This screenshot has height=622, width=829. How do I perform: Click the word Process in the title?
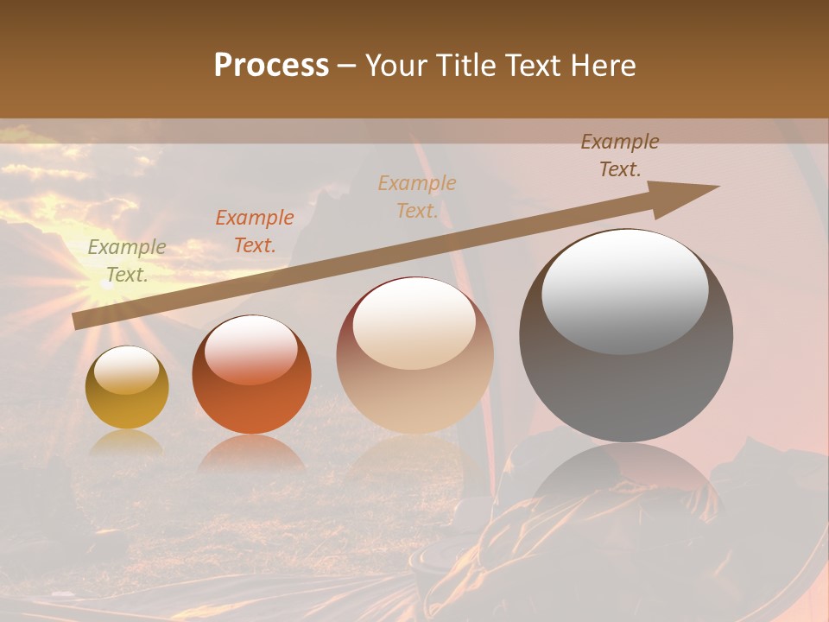(x=271, y=66)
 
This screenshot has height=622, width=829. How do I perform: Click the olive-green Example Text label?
(x=126, y=261)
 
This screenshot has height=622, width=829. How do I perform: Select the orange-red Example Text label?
(x=255, y=232)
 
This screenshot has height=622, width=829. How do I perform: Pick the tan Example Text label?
(x=417, y=197)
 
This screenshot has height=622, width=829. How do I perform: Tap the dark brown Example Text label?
(x=620, y=155)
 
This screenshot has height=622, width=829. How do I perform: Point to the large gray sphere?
(x=626, y=380)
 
